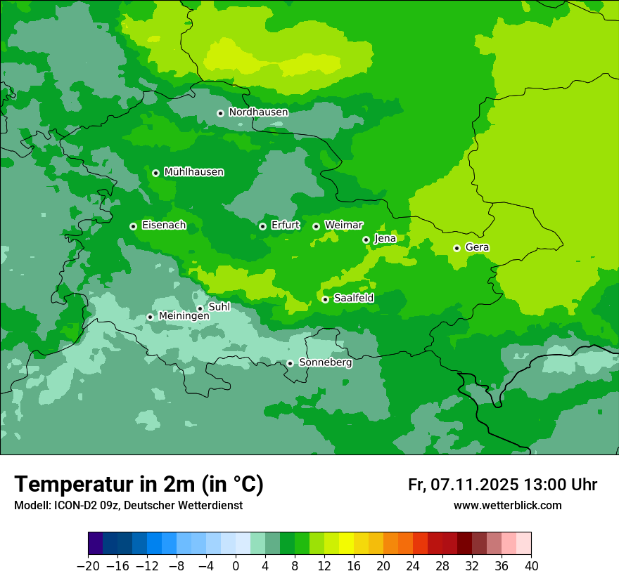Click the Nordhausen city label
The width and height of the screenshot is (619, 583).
258,112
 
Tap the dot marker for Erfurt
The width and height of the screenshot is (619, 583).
262,226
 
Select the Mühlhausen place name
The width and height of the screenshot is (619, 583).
193,172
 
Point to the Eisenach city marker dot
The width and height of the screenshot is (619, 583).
133,226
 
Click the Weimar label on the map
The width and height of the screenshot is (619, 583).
343,225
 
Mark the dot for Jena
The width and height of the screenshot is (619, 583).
366,240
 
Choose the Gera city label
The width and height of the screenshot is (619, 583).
477,247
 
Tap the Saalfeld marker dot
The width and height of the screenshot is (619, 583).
325,299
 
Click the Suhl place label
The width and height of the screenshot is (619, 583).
219,307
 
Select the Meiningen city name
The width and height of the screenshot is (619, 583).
184,317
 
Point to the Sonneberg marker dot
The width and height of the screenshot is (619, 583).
290,363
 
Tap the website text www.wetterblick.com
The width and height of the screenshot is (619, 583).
507,506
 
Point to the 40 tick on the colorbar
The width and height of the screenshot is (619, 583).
531,566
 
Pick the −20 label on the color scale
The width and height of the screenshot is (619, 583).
88,566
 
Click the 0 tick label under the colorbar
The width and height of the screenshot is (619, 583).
236,566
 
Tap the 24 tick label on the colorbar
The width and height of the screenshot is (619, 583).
413,566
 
